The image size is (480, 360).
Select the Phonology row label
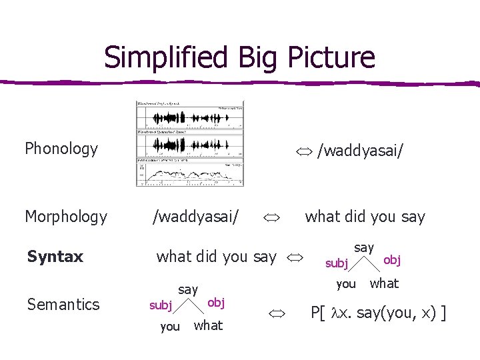[61, 149]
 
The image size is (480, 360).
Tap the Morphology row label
[66, 217]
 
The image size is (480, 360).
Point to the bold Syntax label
[55, 257]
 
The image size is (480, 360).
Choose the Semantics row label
[63, 305]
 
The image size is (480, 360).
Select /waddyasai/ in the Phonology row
[360, 150]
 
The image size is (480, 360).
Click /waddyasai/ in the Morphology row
[196, 217]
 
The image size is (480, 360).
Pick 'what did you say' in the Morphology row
[365, 217]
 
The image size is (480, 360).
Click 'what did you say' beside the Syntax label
[216, 257]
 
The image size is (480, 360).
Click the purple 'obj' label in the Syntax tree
[391, 259]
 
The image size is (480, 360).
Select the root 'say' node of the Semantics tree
[188, 289]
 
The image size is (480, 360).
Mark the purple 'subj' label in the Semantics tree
[161, 305]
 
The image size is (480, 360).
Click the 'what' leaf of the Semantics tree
[208, 325]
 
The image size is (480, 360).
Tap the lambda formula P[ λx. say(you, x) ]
[379, 313]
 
